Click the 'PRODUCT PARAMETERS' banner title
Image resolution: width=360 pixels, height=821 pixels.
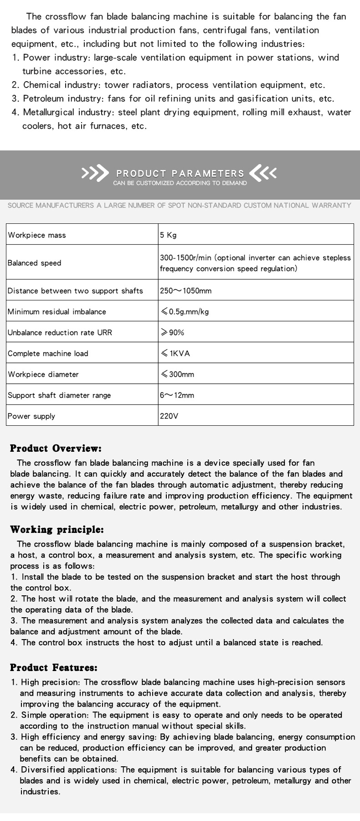[x=180, y=173]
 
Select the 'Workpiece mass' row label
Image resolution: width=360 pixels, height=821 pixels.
[x=37, y=235]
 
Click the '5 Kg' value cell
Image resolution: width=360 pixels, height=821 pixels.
[x=168, y=235]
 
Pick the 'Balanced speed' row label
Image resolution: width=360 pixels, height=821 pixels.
[x=34, y=263]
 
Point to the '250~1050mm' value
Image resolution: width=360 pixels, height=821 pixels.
[x=185, y=291]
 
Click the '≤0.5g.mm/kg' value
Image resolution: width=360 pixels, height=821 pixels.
[x=185, y=312]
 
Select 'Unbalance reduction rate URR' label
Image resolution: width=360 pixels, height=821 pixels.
[x=60, y=332]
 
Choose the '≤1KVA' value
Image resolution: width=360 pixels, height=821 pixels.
[x=175, y=353]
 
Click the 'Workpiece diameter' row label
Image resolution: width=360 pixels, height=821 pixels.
[x=43, y=374]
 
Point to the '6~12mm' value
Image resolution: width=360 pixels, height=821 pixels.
[x=177, y=395]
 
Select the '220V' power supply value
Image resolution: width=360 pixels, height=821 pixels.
[x=169, y=416]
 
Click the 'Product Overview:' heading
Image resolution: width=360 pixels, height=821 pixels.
[x=56, y=449]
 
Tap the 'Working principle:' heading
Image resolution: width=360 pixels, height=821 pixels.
[x=57, y=530]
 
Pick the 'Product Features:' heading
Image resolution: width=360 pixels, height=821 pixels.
[x=54, y=668]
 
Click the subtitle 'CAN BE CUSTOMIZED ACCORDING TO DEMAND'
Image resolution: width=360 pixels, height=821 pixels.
[x=180, y=183]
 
